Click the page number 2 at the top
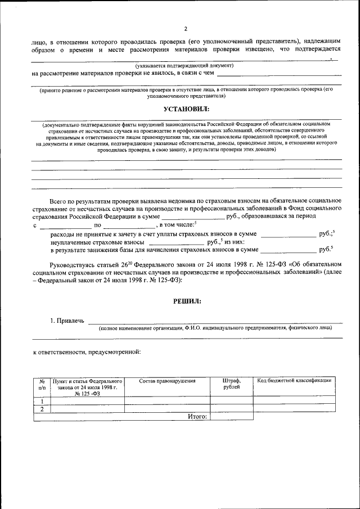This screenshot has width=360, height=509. coord(185,29)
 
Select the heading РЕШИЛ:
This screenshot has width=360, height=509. coord(186,301)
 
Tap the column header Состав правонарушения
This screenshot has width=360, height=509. coord(167,381)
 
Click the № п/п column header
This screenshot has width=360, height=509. coord(42,384)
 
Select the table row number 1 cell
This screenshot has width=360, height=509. coord(42,400)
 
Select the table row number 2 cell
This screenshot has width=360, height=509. coord(42,409)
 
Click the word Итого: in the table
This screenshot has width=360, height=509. coord(197,417)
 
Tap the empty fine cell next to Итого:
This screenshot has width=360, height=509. coord(231,417)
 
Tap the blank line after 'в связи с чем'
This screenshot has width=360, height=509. coord(279,73)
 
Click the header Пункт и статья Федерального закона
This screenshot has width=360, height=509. coord(87,384)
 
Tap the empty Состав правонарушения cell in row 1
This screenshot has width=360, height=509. coord(167,400)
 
